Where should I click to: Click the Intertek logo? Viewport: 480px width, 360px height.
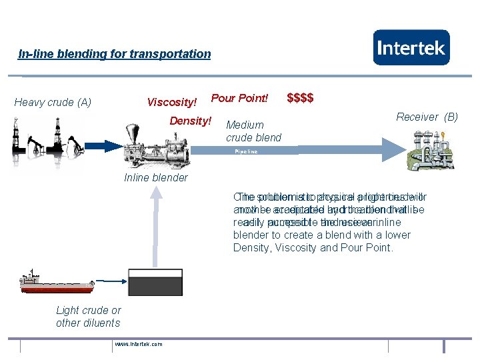411,47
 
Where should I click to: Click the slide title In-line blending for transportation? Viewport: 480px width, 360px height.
114,54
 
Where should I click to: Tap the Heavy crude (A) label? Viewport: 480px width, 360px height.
53,102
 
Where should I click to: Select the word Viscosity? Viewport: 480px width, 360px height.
172,102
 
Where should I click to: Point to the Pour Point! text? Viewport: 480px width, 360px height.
239,99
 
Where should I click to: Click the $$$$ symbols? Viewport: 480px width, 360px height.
300,99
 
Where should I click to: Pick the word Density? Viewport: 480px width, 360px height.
190,121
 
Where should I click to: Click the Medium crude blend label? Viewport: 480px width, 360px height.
253,131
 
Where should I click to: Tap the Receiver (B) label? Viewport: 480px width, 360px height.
427,117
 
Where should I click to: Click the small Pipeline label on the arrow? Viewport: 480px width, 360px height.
245,152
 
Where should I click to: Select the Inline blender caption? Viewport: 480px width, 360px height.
156,177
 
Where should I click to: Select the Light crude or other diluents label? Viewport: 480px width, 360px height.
88,317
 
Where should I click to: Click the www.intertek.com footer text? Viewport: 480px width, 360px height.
138,344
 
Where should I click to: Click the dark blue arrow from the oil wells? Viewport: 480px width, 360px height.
100,146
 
